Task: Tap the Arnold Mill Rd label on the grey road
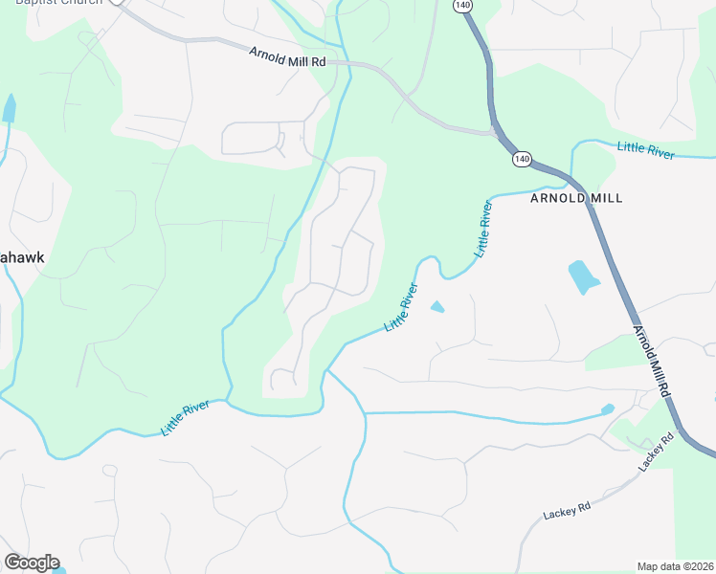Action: (x=287, y=56)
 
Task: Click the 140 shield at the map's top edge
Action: (x=463, y=6)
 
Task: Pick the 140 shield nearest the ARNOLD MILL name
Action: (x=521, y=158)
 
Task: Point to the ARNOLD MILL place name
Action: (x=576, y=198)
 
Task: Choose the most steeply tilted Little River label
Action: (x=484, y=228)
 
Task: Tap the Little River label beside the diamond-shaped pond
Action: (x=401, y=307)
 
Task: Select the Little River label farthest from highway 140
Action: (x=186, y=418)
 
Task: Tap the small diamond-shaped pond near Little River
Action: (x=436, y=307)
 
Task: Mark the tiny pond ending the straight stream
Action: (x=607, y=409)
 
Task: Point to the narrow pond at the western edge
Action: (x=10, y=107)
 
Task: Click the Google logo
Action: (x=32, y=563)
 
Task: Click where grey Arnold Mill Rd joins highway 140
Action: (x=494, y=131)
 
